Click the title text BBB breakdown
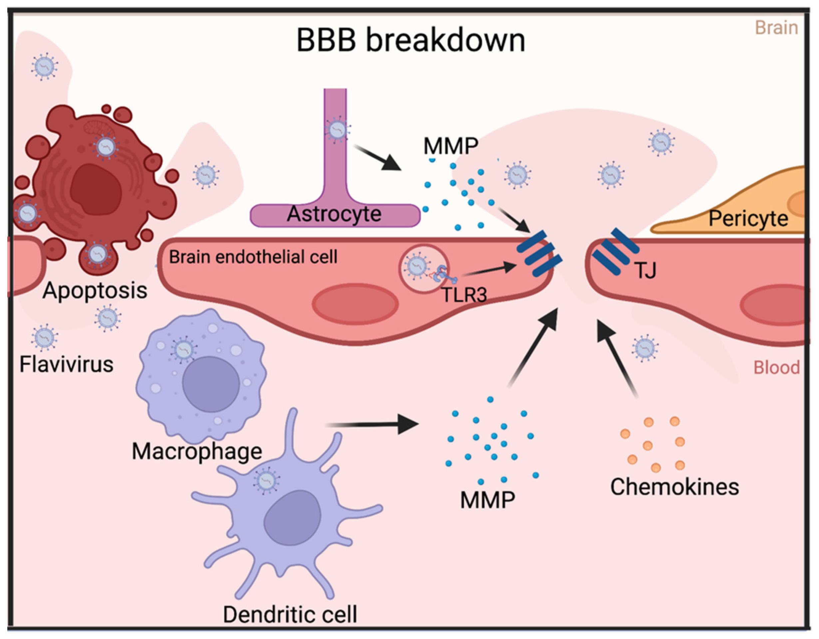410,41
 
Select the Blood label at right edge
776,368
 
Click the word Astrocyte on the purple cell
334,214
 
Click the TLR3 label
464,295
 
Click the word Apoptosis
95,291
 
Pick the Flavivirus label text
66,364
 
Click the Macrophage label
197,452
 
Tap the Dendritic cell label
290,615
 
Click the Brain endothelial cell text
253,257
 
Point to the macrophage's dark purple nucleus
211,384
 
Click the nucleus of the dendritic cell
292,518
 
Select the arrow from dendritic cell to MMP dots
371,425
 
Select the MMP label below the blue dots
488,500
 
